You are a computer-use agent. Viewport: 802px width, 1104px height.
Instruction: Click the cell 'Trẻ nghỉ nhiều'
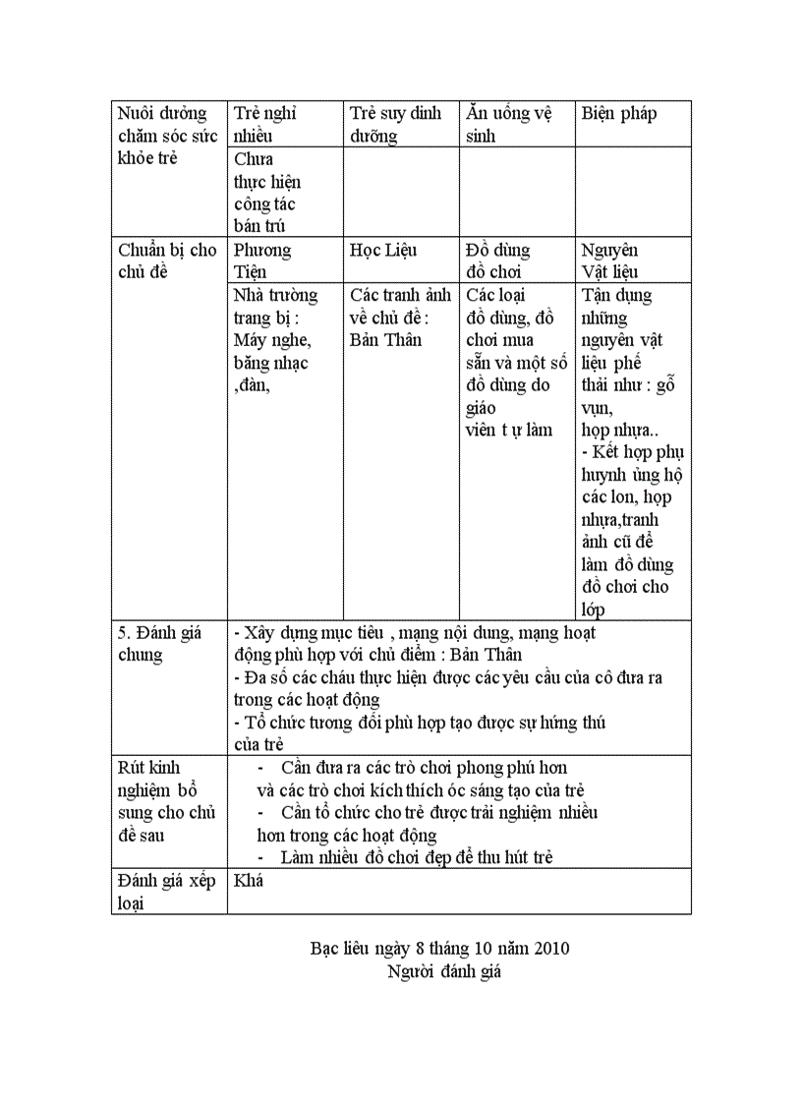coord(265,125)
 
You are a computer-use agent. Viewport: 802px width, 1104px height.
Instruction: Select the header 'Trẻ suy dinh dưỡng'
coord(396,125)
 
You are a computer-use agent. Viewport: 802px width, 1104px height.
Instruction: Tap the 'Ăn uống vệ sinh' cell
coord(508,125)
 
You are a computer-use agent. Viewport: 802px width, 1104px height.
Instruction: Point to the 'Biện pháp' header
coord(619,114)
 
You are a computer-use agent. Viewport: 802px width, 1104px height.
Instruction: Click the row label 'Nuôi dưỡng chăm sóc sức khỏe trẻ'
coord(166,136)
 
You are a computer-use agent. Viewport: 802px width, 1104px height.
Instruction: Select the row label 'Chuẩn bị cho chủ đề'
coord(167,261)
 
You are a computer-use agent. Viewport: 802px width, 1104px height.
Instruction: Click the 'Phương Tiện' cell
coord(262,261)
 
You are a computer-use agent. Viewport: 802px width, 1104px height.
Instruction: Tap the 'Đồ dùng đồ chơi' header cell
coord(498,261)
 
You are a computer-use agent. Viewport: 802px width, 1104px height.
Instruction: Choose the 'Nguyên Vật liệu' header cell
coord(609,261)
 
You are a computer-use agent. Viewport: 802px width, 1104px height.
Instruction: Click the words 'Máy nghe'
coord(272,340)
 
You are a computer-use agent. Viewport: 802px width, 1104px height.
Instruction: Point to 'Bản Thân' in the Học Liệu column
coord(385,340)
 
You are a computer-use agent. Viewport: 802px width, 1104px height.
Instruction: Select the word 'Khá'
coord(249,881)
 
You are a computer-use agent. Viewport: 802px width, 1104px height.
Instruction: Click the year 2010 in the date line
coord(551,949)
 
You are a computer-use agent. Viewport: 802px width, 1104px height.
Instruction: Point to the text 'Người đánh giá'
coord(444,972)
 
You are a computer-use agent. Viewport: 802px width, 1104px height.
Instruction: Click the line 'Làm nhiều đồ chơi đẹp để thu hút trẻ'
coord(417,857)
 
